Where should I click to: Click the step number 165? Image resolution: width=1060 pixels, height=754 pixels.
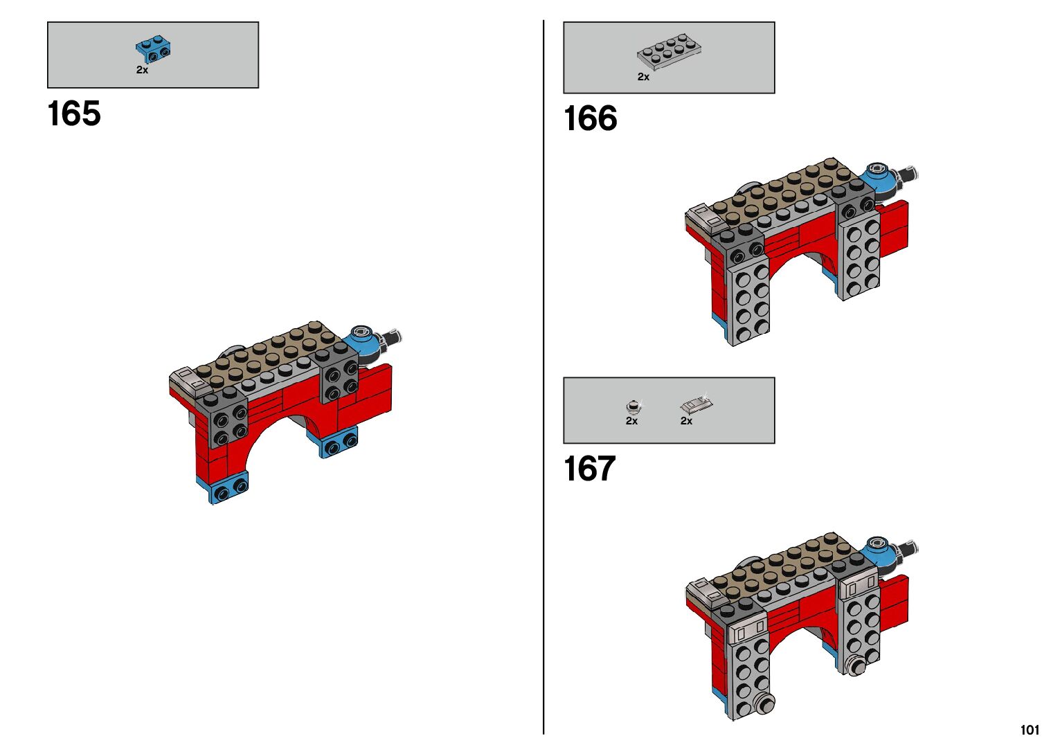[x=74, y=114]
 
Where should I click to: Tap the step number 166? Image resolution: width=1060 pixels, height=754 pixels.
[x=590, y=118]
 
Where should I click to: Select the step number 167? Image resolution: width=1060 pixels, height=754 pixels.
[x=589, y=469]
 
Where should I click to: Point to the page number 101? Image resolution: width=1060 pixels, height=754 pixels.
[x=1029, y=730]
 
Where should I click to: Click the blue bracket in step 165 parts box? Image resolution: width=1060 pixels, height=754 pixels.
[x=153, y=48]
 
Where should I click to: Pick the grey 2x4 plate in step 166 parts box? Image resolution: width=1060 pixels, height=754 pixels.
[x=670, y=51]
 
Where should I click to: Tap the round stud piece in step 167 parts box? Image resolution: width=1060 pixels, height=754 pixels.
[x=631, y=406]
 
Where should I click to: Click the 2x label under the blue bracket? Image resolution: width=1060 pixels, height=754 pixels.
[x=142, y=70]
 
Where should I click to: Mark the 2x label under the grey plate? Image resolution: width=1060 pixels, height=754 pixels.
[x=643, y=77]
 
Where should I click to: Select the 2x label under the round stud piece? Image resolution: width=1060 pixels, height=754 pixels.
[x=631, y=421]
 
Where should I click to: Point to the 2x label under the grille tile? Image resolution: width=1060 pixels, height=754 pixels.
[x=686, y=421]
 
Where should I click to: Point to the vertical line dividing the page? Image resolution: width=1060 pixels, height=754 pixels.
[x=544, y=377]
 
